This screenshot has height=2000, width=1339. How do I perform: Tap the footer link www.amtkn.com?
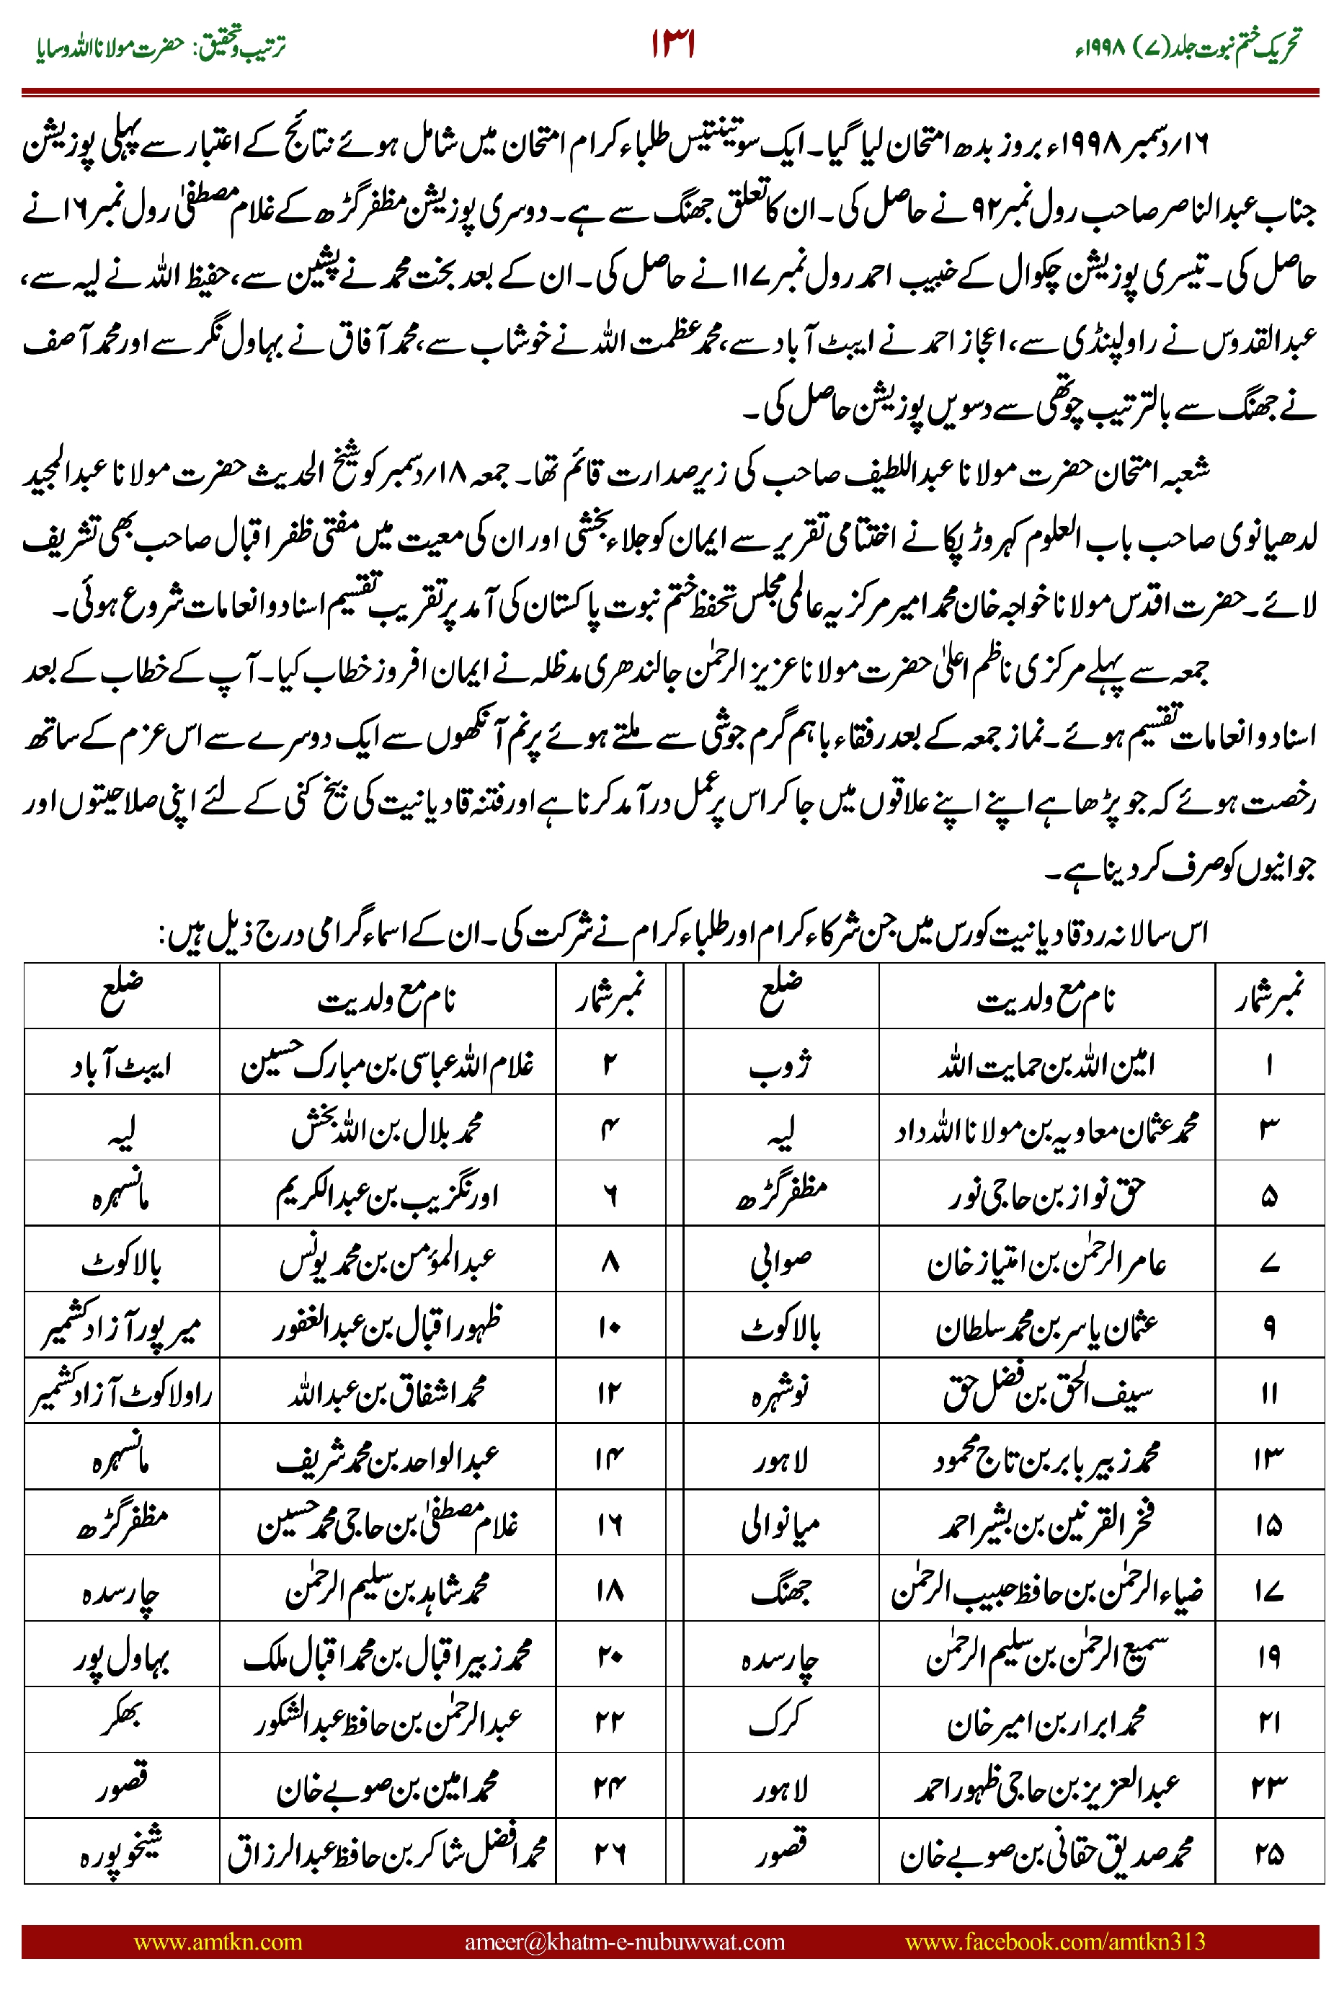click(218, 1941)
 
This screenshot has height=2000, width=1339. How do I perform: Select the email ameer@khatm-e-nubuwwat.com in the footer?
click(624, 1941)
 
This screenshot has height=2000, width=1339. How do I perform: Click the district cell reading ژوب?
click(780, 1064)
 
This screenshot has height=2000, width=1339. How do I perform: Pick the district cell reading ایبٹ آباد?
click(121, 1064)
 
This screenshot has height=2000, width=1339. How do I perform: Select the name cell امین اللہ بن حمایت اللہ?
click(1046, 1064)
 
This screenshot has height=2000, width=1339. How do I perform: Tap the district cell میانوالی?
click(780, 1525)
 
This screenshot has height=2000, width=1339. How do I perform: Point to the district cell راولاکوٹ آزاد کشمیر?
click(121, 1394)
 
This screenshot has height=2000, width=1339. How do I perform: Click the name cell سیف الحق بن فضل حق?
click(1046, 1394)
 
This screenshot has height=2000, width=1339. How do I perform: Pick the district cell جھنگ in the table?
click(780, 1591)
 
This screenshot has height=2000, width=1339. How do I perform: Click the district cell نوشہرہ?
click(780, 1394)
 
